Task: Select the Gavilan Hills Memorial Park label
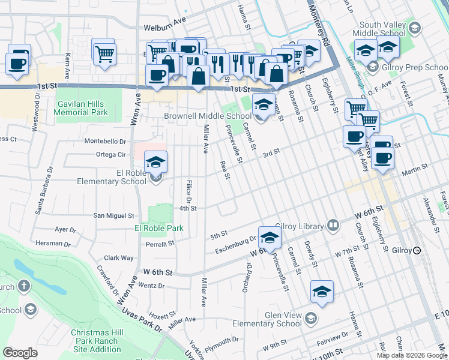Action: pos(82,108)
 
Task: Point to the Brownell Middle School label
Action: pos(208,116)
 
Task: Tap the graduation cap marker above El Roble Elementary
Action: pos(155,162)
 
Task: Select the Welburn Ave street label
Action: pos(165,27)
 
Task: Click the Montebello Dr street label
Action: pos(105,142)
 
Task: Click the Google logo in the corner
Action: pos(20,353)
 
